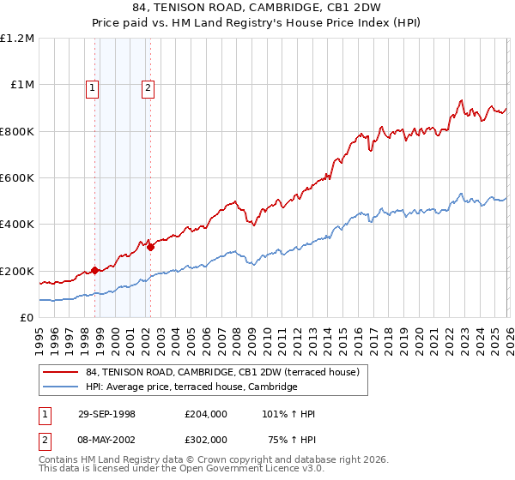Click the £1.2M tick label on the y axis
pyautogui.click(x=17, y=39)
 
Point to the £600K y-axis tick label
pyautogui.click(x=17, y=178)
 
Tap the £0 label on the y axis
pyautogui.click(x=27, y=318)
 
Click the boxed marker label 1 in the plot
pyautogui.click(x=92, y=87)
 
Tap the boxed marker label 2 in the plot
pyautogui.click(x=148, y=87)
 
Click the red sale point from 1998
pyautogui.click(x=95, y=270)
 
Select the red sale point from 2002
pyautogui.click(x=150, y=247)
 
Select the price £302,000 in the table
pyautogui.click(x=205, y=439)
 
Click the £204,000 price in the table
pyautogui.click(x=205, y=414)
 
